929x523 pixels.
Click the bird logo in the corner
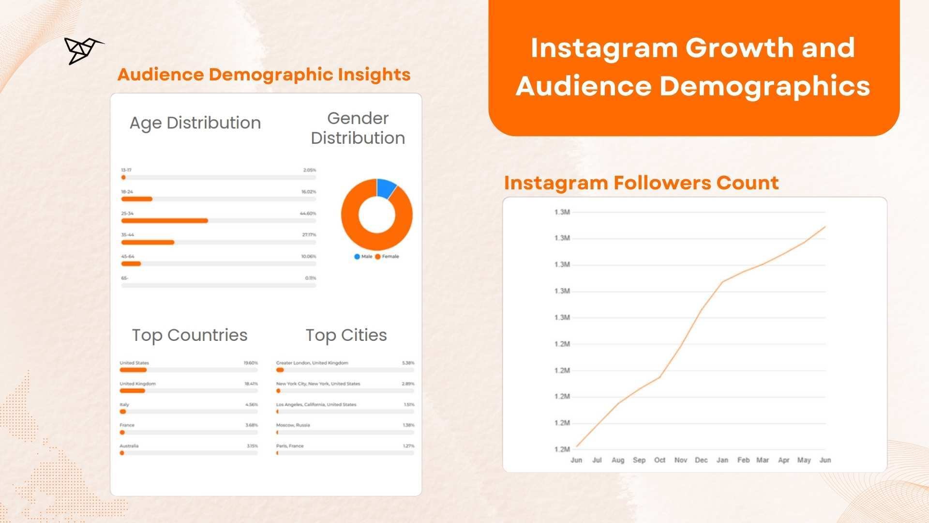tap(82, 50)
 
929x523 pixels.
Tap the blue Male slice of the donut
tap(386, 188)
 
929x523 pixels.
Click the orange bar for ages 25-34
tap(165, 221)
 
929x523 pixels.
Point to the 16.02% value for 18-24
tap(308, 192)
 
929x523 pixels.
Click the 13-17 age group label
tap(126, 170)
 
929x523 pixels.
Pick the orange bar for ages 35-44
tap(148, 243)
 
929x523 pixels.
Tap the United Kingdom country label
tap(138, 384)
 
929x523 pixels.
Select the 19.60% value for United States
tap(251, 363)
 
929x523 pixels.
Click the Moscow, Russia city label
tap(293, 425)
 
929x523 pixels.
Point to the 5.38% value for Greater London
tap(408, 363)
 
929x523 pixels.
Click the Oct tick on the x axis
tap(659, 460)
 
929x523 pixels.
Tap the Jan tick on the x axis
tap(722, 460)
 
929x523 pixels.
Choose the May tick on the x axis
tap(804, 460)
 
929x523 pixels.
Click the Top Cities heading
tap(346, 335)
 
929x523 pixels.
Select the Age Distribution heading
tap(195, 123)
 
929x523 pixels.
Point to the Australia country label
tap(129, 446)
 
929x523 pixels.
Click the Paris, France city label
tap(290, 446)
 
